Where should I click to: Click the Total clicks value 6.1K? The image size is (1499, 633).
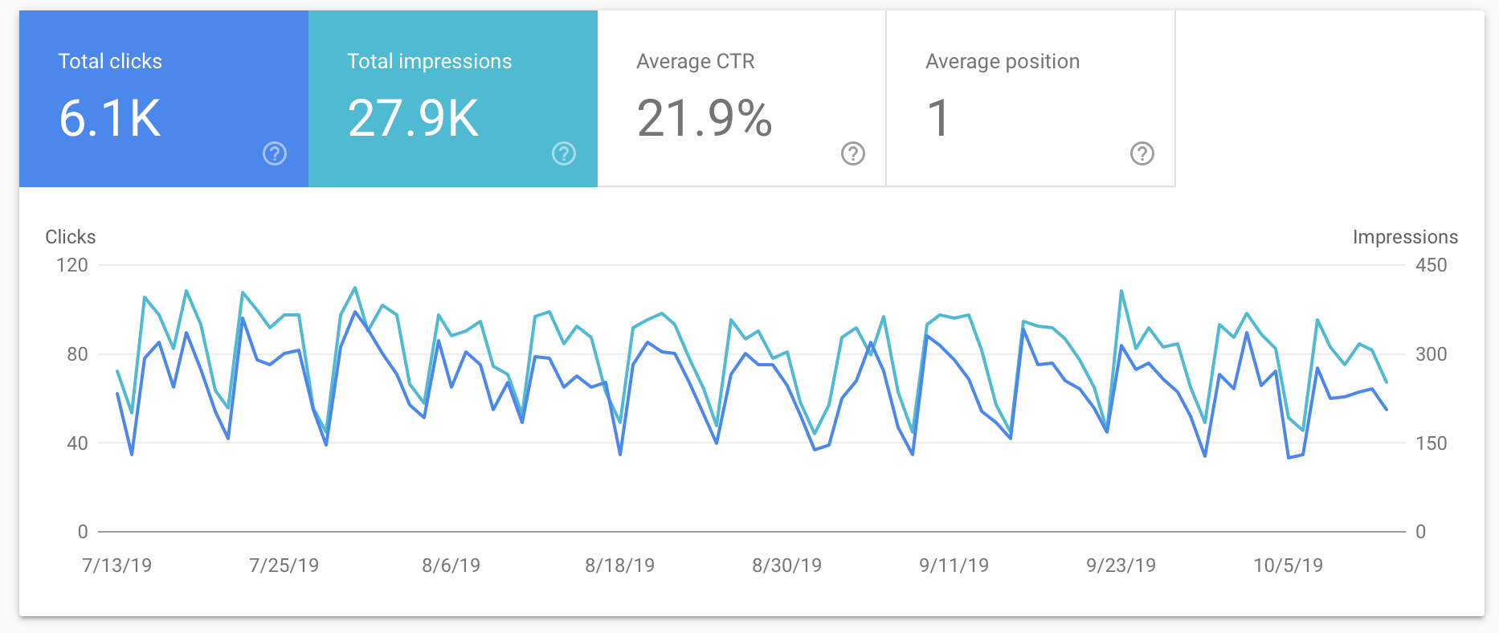[x=110, y=118]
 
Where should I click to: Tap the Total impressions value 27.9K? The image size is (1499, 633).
[x=413, y=118]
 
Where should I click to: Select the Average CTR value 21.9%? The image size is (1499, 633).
[x=704, y=118]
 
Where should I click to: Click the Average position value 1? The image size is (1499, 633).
[x=938, y=118]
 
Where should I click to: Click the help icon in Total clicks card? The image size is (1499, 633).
[x=275, y=153]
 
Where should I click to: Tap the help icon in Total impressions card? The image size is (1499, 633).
[x=564, y=153]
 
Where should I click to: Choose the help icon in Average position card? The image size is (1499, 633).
[x=1142, y=153]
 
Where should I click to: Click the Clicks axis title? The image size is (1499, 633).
[x=70, y=237]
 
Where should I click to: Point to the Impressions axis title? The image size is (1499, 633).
[x=1404, y=237]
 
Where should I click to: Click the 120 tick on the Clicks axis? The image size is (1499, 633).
[x=71, y=265]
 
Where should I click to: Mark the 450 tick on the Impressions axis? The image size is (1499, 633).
[x=1431, y=265]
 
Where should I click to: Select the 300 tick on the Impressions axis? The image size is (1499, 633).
[x=1431, y=354]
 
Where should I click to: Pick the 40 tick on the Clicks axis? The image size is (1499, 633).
[x=77, y=443]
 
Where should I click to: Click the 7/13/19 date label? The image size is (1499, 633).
[x=116, y=566]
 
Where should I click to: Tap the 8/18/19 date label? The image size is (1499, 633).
[x=619, y=566]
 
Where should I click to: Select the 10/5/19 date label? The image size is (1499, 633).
[x=1288, y=566]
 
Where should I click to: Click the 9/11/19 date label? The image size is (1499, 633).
[x=954, y=566]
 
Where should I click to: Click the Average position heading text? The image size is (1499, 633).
[x=1002, y=62]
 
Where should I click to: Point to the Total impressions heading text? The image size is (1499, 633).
[x=429, y=62]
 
